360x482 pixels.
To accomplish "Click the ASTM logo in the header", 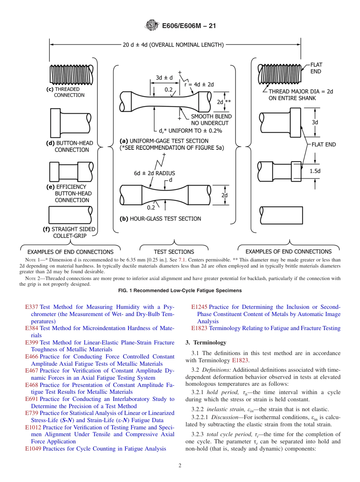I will click(x=152, y=26).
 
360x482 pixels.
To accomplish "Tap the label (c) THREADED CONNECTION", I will click(x=65, y=92).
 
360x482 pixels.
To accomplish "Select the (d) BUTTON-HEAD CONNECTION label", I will click(x=68, y=146).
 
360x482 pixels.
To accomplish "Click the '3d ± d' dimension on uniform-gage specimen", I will click(x=164, y=78).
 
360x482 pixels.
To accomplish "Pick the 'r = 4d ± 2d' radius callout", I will click(x=199, y=85).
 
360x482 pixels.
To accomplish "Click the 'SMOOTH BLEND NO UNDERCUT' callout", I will click(x=211, y=120).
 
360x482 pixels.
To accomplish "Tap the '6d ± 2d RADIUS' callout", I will click(x=155, y=173).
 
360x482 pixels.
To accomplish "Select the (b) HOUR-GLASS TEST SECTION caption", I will click(x=160, y=219).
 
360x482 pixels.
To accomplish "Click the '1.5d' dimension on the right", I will click(x=315, y=171).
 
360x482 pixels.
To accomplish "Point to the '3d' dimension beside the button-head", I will click(x=315, y=122).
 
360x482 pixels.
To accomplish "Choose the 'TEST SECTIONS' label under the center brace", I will click(x=174, y=252).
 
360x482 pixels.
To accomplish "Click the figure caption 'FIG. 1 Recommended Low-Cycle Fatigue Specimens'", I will click(x=180, y=291).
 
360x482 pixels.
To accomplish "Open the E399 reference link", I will click(x=31, y=343).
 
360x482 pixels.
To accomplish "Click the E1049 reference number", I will click(x=33, y=449).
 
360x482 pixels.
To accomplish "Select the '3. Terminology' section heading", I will click(x=206, y=343).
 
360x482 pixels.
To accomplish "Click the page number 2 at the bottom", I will click(x=180, y=466).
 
